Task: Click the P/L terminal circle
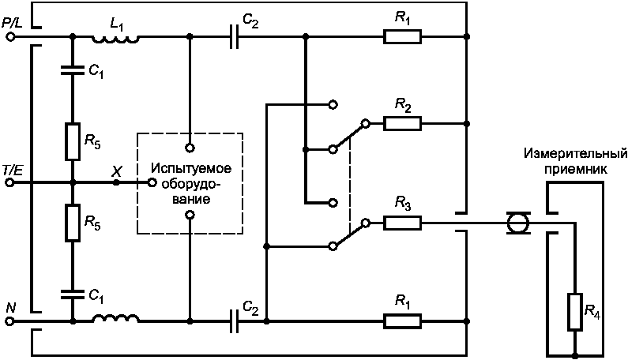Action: click(x=10, y=37)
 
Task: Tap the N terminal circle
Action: click(x=10, y=321)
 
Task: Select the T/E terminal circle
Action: click(x=10, y=182)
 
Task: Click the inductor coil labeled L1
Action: click(x=116, y=39)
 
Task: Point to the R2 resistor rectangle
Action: click(x=403, y=124)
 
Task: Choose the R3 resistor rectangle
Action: click(x=403, y=223)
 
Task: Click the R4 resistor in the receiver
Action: click(x=575, y=312)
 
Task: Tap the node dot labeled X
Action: click(x=116, y=182)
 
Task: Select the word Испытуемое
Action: click(x=191, y=167)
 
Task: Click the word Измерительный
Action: click(x=575, y=153)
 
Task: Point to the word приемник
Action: click(x=575, y=169)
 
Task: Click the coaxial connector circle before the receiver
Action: click(x=518, y=223)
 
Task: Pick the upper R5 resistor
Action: click(x=73, y=141)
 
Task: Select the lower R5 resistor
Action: click(x=73, y=223)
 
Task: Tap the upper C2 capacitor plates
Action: click(x=235, y=37)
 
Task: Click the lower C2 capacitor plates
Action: click(x=235, y=321)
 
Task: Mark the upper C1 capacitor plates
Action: click(x=73, y=70)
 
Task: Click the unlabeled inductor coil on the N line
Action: click(x=116, y=318)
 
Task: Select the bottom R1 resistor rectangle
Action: click(x=403, y=321)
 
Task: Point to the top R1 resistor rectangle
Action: click(x=403, y=37)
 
